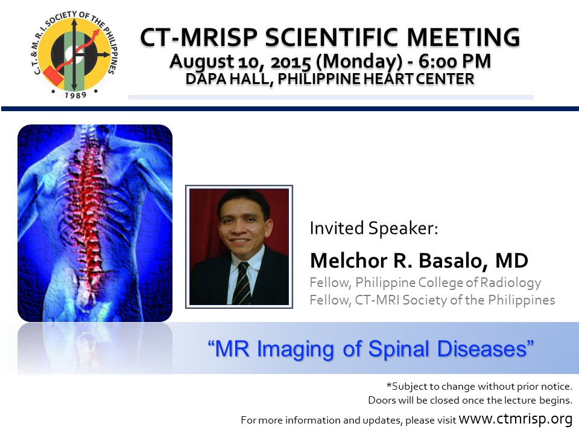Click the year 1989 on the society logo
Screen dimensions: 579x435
(76, 95)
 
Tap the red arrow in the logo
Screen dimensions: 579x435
(80, 51)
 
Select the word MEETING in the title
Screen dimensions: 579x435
(463, 37)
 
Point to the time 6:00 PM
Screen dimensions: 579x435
(455, 61)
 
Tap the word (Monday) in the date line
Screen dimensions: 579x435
(359, 62)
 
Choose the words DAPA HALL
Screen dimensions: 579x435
(227, 79)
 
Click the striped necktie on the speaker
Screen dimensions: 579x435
(242, 283)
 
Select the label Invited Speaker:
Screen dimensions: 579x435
(374, 228)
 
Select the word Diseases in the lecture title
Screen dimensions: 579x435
(482, 349)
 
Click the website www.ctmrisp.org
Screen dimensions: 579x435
(516, 419)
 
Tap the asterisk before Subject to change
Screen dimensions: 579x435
(389, 385)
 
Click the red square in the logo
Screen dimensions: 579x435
(54, 76)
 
